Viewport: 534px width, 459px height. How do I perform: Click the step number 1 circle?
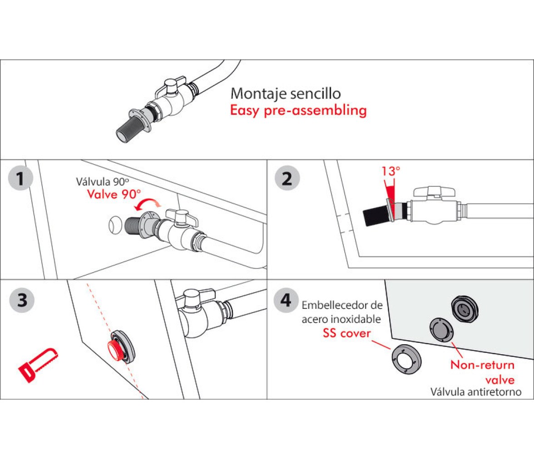tap(20, 178)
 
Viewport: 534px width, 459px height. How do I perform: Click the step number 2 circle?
tap(287, 178)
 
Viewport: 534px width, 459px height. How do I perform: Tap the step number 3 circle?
tap(22, 300)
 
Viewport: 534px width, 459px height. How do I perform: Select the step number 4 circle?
tap(286, 300)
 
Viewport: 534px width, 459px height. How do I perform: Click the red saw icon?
tap(38, 365)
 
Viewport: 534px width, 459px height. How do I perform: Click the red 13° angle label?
tap(391, 171)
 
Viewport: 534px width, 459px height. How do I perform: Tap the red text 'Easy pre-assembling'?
tap(298, 111)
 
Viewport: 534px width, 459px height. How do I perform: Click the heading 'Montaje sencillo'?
tap(285, 93)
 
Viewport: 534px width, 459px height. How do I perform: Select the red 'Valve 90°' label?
tap(114, 194)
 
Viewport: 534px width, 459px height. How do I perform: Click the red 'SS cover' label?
tap(347, 333)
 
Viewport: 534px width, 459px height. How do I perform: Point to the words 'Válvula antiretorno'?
tap(476, 391)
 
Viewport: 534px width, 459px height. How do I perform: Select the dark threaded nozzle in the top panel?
tap(129, 129)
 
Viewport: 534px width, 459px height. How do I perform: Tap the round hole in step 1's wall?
tap(115, 225)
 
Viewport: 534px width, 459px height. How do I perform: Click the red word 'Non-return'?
tap(482, 365)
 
